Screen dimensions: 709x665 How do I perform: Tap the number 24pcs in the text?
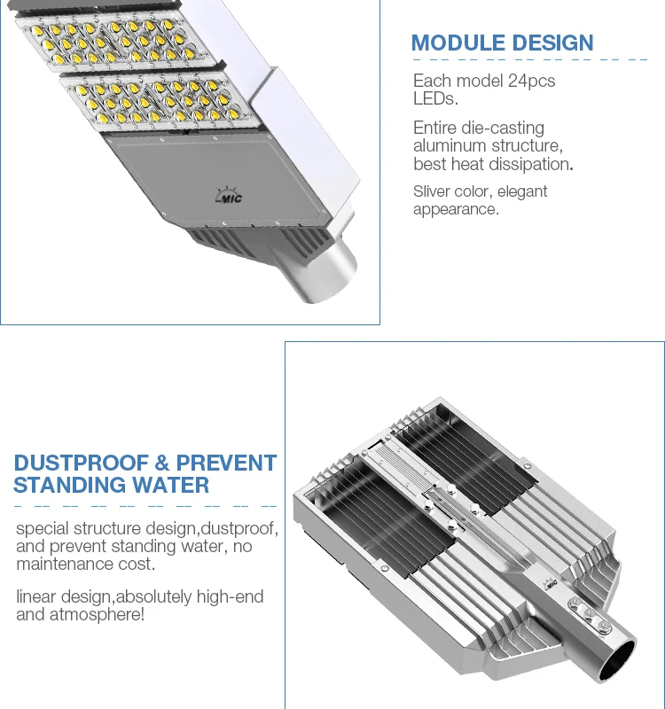point(532,82)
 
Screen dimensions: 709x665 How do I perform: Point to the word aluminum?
point(450,146)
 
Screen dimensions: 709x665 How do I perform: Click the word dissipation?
point(528,164)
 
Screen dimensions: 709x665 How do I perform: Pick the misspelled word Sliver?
point(433,191)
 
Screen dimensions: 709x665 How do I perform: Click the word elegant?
point(523,191)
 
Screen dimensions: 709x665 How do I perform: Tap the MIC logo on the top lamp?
point(230,197)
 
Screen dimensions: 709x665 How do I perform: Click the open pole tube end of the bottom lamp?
point(614,661)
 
